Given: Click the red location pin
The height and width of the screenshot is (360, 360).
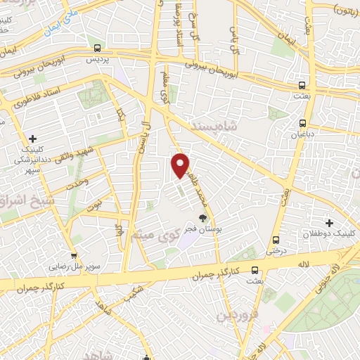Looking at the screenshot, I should click(x=181, y=165).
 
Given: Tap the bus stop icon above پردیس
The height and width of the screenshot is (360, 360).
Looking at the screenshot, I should click(x=96, y=49).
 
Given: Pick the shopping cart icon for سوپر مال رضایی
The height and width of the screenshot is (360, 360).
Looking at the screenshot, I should click(x=73, y=256).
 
